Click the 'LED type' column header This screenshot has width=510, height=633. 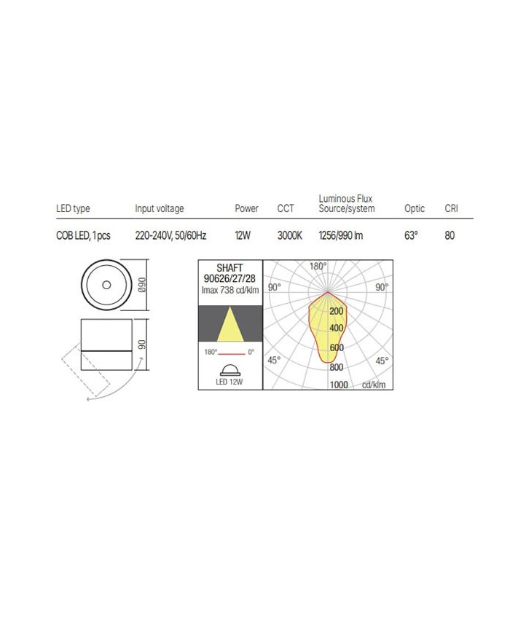pos(73,209)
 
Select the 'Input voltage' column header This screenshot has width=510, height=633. pos(160,209)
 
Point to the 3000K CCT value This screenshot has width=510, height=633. pos(289,236)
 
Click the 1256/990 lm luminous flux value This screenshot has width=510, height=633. pos(340,236)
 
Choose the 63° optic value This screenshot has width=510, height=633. pos(412,236)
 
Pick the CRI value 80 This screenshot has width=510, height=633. pos(450,236)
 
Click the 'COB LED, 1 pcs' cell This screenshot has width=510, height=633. pos(83,236)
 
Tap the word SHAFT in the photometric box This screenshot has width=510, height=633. pos(229,268)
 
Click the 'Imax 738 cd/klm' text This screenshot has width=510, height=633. pos(229,290)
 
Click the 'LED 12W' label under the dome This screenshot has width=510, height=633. pos(229,381)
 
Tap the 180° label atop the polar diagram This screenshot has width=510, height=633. pos(318,267)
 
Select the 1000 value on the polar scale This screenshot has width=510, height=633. pos(339,385)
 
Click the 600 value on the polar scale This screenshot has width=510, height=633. pos(336,348)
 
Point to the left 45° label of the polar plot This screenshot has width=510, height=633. pos(274,361)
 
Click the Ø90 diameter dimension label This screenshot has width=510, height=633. pos(144,284)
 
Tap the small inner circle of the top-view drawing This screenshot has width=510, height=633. pos(106,285)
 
